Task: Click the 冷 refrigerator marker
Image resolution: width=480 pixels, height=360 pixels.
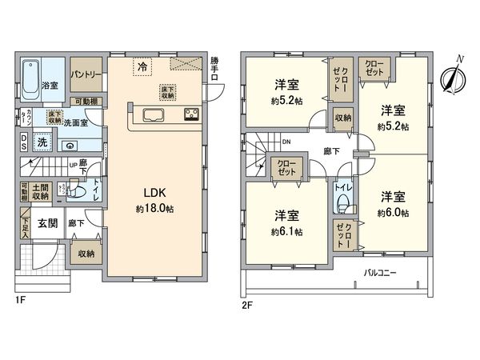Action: click(142, 66)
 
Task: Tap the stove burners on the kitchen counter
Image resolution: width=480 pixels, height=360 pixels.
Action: click(192, 113)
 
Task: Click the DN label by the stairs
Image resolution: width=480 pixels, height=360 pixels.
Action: click(286, 142)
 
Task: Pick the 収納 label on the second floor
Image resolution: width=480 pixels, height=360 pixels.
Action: click(343, 118)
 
